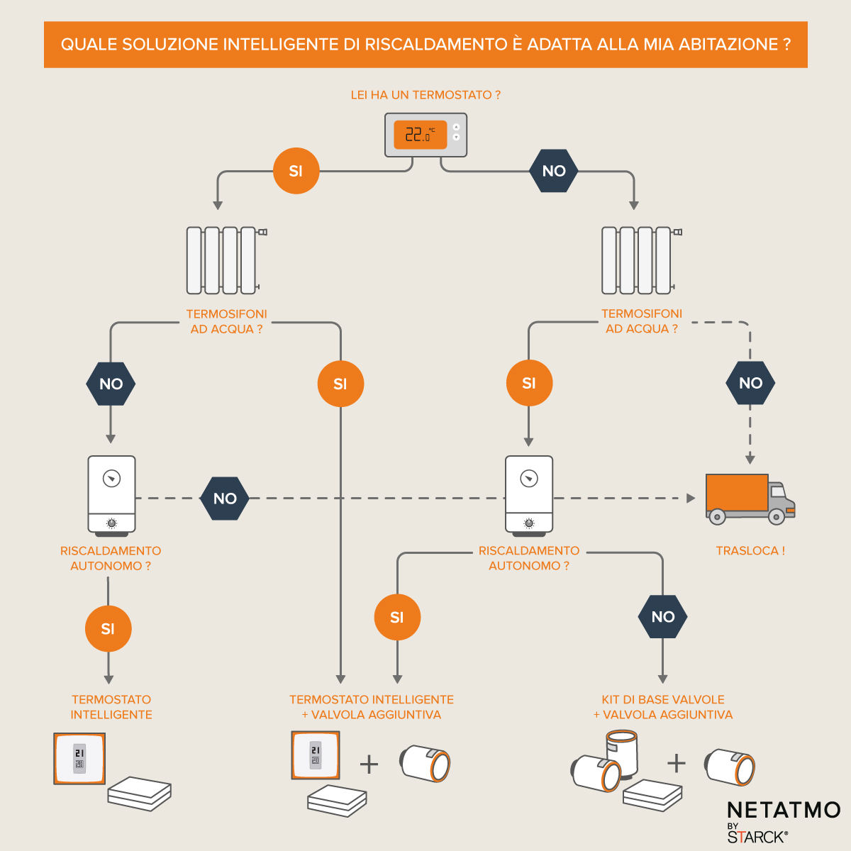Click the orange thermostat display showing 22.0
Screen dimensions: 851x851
[x=421, y=134]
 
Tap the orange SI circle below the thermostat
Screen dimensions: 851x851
[x=296, y=171]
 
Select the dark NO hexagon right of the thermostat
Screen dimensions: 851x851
[x=554, y=171]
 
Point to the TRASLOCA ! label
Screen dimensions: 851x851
[x=750, y=551]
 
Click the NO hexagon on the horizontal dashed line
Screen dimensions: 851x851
[x=225, y=499]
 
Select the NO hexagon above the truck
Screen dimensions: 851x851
[x=750, y=384]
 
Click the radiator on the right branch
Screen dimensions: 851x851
[x=638, y=260]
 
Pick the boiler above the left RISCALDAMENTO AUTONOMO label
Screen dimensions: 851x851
[x=111, y=495]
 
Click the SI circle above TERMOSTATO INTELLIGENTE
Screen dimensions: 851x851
[x=108, y=628]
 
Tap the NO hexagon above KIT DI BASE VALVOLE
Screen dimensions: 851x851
[x=663, y=617]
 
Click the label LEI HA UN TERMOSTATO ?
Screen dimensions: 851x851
[x=425, y=95]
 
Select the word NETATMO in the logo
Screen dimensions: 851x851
[x=784, y=810]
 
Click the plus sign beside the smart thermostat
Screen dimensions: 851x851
[x=369, y=764]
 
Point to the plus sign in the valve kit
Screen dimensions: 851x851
[x=677, y=763]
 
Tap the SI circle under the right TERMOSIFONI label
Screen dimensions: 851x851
[x=529, y=384]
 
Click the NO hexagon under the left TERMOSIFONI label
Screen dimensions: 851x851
[x=111, y=384]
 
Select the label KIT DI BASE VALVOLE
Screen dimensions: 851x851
[x=663, y=700]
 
